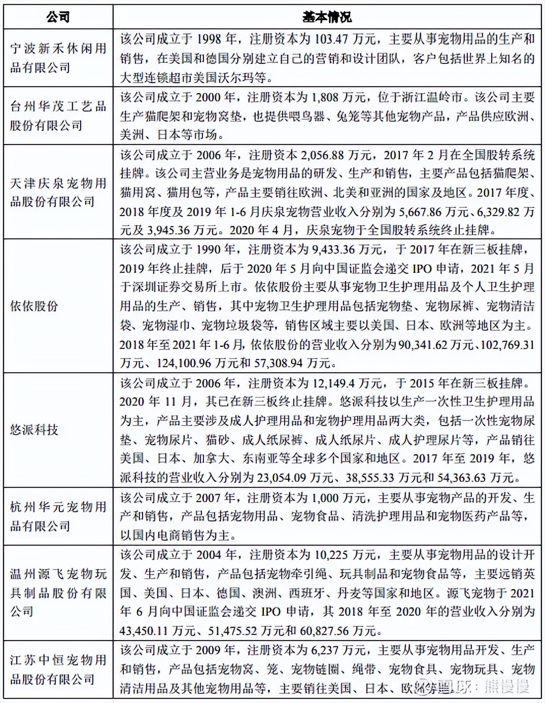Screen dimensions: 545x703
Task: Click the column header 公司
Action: tap(58, 17)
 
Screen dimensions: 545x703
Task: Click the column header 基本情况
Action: tap(327, 17)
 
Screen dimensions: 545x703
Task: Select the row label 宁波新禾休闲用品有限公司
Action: tap(58, 58)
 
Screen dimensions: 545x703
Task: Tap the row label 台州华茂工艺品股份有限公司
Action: tap(58, 116)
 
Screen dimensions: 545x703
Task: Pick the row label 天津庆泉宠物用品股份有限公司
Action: tap(58, 192)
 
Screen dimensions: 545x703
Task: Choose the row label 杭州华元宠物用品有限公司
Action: tap(58, 516)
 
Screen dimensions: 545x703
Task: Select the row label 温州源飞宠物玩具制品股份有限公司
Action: tap(58, 592)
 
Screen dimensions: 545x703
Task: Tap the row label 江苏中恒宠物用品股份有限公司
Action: tap(58, 670)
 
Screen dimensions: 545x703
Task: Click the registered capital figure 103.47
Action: tap(332, 39)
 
